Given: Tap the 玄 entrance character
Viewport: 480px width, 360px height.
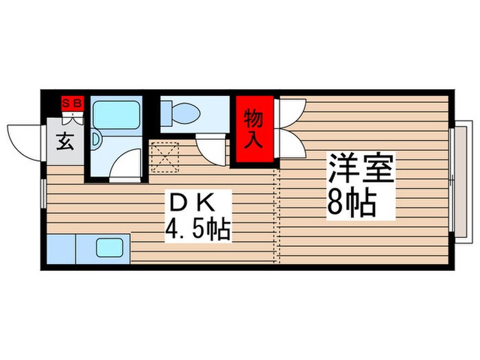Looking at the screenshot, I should click(64, 143).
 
